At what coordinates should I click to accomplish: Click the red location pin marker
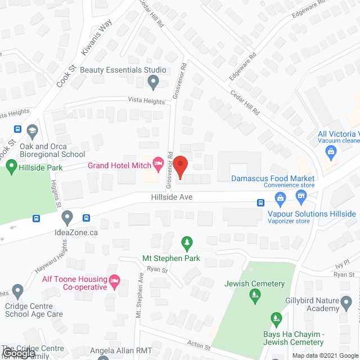point(180,166)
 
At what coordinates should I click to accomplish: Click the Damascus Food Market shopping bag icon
point(280,197)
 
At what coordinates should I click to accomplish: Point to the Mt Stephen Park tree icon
point(187,244)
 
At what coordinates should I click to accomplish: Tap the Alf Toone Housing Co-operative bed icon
point(115,280)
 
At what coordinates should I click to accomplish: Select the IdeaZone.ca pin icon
point(67,217)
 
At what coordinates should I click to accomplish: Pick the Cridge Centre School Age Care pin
point(17,292)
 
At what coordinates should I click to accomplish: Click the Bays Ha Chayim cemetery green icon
point(276,319)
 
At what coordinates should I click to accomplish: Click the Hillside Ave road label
point(172,197)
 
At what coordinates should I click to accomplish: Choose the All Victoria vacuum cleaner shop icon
point(331,151)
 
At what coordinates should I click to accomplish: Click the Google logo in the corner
point(19,353)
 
